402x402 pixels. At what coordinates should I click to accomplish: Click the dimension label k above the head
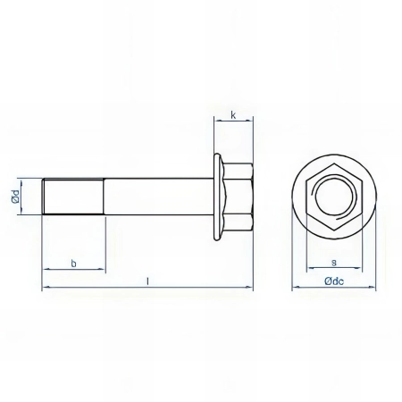[x=233, y=115]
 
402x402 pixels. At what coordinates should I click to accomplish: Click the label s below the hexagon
[x=333, y=262]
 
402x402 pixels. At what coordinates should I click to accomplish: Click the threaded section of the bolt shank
[x=75, y=196]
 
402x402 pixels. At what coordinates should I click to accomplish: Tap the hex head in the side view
[x=238, y=196]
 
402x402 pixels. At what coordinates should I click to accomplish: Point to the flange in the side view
[x=217, y=196]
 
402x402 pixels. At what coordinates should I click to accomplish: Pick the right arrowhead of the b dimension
[x=104, y=270]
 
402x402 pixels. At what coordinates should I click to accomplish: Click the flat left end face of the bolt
[x=44, y=196]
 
